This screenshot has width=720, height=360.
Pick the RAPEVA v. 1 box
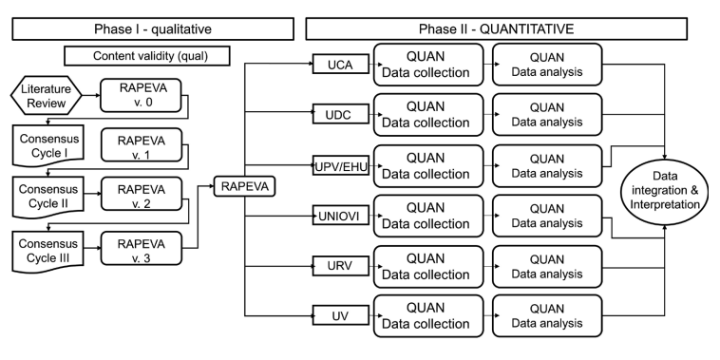(140, 148)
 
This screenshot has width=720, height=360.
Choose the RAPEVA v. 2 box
(140, 199)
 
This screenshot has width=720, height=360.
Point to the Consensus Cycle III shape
(44, 250)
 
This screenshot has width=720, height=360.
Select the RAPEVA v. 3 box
(140, 250)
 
